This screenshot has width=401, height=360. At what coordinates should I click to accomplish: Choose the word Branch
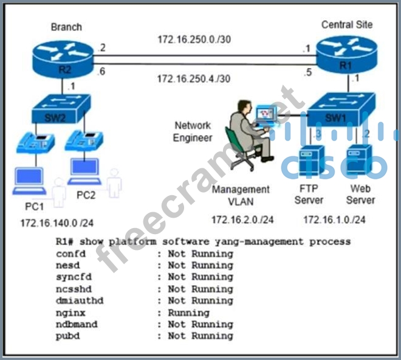(66, 27)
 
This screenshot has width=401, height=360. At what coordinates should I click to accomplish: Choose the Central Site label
(346, 25)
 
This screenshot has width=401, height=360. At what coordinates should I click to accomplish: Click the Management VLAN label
(241, 195)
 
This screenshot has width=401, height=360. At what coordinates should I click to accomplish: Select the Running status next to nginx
(188, 313)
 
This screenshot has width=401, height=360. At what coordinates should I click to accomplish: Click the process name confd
(70, 254)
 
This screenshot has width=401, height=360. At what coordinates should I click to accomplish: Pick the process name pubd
(67, 336)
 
